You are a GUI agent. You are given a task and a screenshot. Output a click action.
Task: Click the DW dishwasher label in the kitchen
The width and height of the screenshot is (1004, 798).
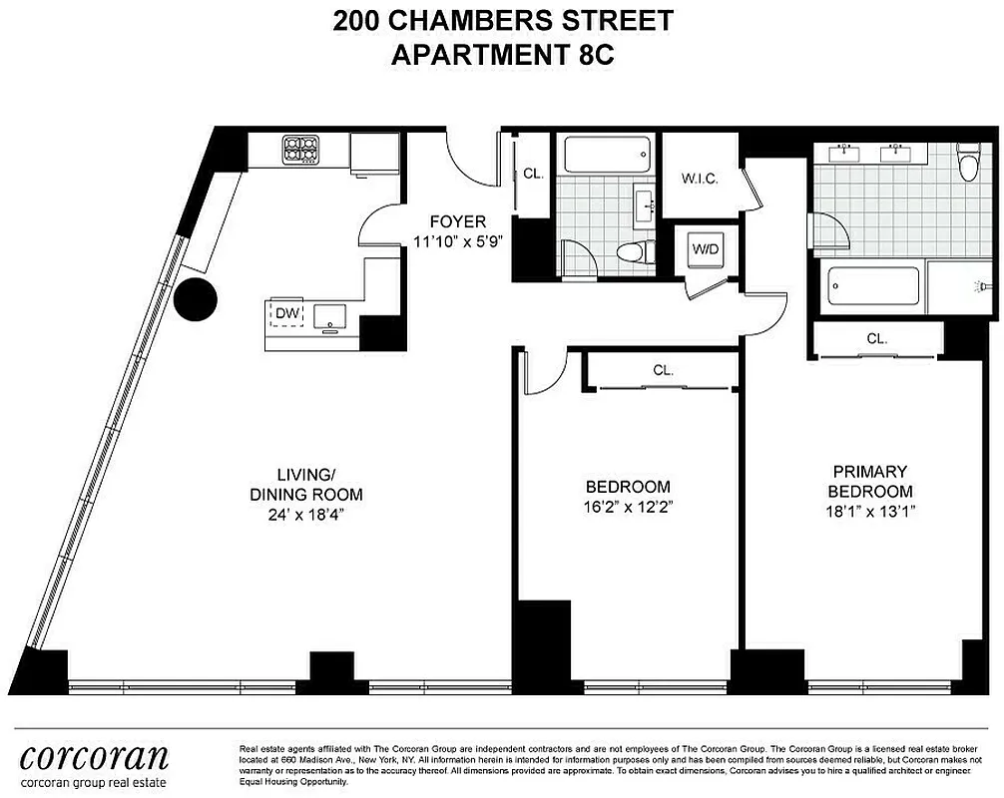pos(286,314)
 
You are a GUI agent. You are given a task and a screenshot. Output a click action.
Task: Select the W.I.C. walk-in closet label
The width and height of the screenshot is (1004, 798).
pos(701,180)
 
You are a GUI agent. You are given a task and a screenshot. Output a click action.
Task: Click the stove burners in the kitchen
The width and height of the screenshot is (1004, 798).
pos(300,151)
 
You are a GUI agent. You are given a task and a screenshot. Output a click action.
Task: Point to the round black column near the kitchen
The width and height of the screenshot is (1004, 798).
pos(196,298)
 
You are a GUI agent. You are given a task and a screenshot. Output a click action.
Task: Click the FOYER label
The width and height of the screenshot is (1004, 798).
pos(457,221)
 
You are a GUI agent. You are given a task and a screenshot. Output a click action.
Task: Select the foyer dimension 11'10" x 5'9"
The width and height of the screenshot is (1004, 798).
pos(457,240)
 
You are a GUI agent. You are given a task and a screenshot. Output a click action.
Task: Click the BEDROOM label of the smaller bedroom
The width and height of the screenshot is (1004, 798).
pos(627,486)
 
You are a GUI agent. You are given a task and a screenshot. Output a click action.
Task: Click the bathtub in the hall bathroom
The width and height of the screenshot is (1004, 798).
pos(608,155)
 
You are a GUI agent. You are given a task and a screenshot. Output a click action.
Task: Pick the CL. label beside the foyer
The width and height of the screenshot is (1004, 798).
pos(533,174)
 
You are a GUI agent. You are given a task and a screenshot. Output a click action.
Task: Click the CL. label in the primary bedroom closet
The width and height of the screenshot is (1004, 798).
pos(876,339)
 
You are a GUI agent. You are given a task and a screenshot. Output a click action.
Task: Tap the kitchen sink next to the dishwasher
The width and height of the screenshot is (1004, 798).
pos(328,316)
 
